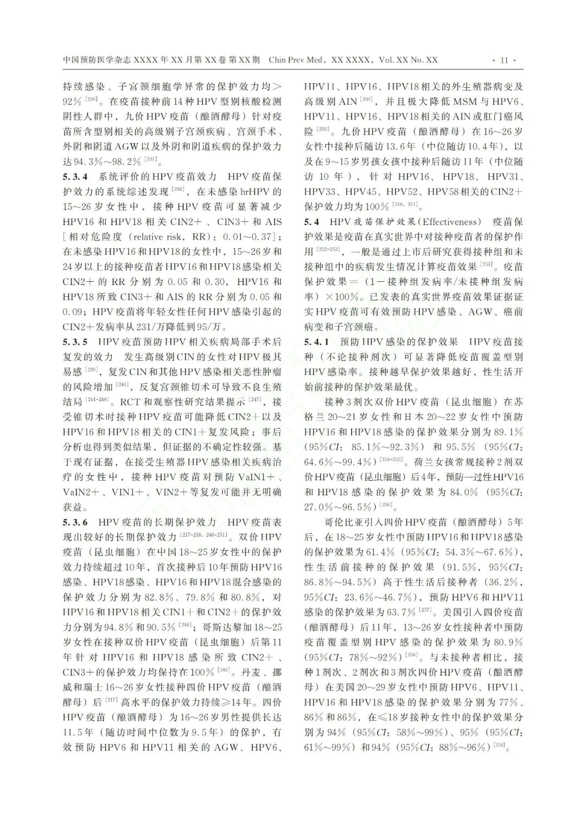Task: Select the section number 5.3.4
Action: tap(75, 177)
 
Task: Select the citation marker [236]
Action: tap(91, 99)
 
